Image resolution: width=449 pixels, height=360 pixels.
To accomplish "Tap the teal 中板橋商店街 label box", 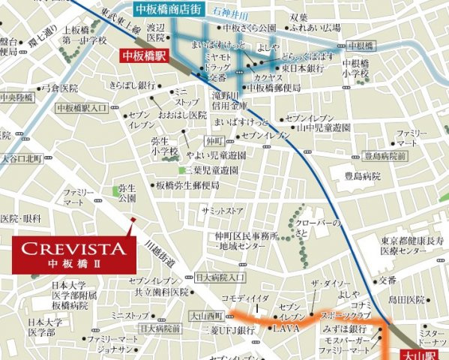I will [169, 10].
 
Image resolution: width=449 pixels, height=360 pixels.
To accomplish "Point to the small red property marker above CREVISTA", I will [133, 220].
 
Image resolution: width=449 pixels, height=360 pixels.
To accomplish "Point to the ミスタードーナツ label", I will [433, 337].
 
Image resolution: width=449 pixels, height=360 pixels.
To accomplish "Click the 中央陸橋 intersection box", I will [16, 98].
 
